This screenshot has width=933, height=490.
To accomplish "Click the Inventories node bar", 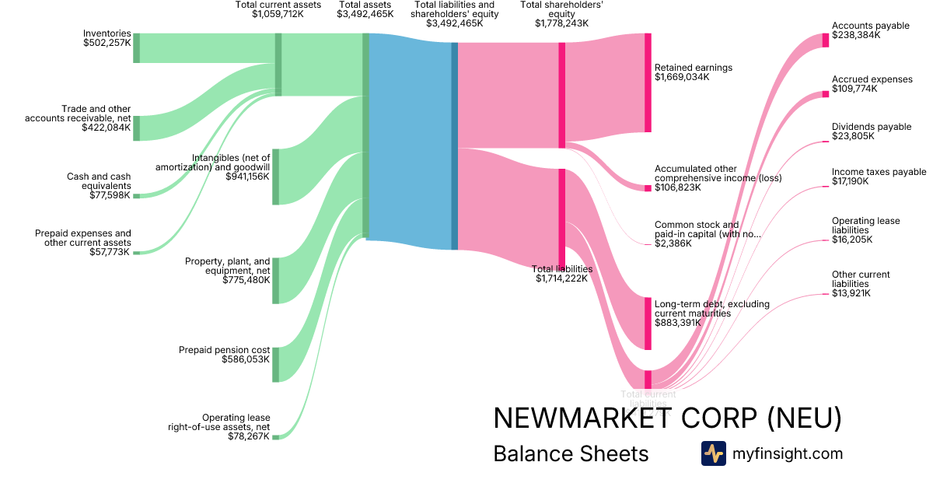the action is click(x=136, y=47).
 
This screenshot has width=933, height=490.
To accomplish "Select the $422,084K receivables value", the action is click(x=107, y=128).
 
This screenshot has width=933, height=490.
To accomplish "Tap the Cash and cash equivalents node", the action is click(x=136, y=196).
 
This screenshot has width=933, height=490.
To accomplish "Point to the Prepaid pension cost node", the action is click(x=275, y=365).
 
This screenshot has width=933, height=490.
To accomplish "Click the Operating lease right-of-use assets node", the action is click(x=275, y=437).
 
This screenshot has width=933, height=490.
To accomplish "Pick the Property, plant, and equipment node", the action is click(x=275, y=280).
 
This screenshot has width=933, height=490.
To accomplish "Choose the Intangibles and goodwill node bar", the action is click(x=275, y=177).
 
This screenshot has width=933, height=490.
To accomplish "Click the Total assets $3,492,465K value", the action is click(x=365, y=14).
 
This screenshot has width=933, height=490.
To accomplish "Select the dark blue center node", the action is click(x=455, y=146).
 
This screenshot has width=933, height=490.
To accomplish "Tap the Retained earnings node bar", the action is click(x=648, y=82).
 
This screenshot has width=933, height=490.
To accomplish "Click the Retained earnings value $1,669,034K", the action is click(x=682, y=78).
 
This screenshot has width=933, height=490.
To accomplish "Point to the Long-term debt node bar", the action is click(x=648, y=323).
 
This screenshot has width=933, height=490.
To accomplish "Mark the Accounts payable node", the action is click(x=826, y=40).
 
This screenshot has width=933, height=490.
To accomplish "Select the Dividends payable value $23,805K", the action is click(x=853, y=136).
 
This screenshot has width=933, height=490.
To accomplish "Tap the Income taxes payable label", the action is click(x=879, y=172).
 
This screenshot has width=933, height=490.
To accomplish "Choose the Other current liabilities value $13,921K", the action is click(x=851, y=293).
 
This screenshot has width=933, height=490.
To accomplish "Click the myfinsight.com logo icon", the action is click(x=713, y=453).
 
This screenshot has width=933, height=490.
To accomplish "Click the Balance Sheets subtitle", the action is click(x=571, y=453).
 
